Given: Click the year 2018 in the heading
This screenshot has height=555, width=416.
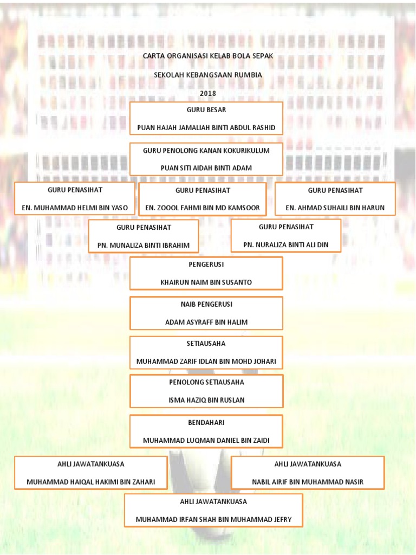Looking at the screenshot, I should click(207, 93).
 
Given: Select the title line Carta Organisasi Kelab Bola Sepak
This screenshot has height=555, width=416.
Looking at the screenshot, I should click(208, 56).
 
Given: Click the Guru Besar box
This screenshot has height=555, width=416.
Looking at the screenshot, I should click(206, 119).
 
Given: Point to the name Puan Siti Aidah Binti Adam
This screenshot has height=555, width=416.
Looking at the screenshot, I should click(206, 168).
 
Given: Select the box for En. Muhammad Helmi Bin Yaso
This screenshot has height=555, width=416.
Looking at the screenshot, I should click(75, 198).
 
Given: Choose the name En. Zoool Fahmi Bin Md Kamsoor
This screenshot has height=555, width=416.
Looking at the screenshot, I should click(203, 208).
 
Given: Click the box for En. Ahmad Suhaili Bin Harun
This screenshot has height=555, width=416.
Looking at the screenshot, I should click(335, 198).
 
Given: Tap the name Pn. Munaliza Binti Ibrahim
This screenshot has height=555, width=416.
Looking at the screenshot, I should click(144, 245).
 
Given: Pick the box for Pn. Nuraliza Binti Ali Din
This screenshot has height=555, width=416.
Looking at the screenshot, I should click(286, 236).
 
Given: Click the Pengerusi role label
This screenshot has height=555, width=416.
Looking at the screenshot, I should click(206, 264).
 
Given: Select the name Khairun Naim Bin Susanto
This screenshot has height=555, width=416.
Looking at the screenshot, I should click(206, 282).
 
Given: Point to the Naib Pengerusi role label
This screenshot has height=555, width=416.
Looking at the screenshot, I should click(206, 304).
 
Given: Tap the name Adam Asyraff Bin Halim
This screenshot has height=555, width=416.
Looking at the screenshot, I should click(206, 322).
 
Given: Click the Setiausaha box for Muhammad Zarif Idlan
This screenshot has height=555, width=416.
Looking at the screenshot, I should click(206, 352).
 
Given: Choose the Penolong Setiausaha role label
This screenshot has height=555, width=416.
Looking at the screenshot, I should click(206, 382).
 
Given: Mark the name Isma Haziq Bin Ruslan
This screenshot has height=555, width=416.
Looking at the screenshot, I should click(206, 400).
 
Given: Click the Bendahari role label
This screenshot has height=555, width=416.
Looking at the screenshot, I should click(206, 422).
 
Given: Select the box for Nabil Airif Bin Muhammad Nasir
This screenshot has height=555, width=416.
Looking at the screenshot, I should click(308, 473).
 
